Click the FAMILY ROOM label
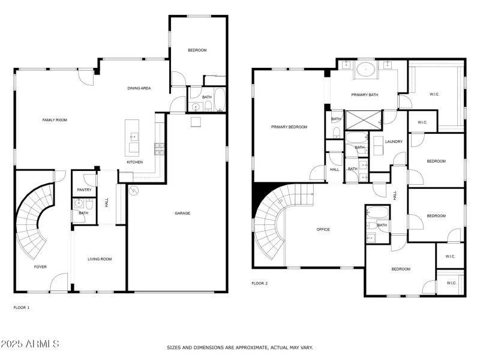pos(55,120)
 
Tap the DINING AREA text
pos(139,88)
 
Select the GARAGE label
pos(182,213)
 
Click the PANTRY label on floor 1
pos(84,190)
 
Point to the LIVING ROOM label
pos(100,259)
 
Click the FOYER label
pos(40,267)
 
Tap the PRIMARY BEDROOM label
pos(289,127)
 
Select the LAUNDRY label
pos(394,142)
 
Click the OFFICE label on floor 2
pos(323,229)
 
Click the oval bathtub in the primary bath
pos(365,69)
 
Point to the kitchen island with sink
pos(133,138)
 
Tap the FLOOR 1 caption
pos(22,307)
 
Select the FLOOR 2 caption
pos(259,283)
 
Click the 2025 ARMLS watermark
pos(30,344)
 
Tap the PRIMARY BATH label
pos(365,95)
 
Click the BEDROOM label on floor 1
pos(197,50)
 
